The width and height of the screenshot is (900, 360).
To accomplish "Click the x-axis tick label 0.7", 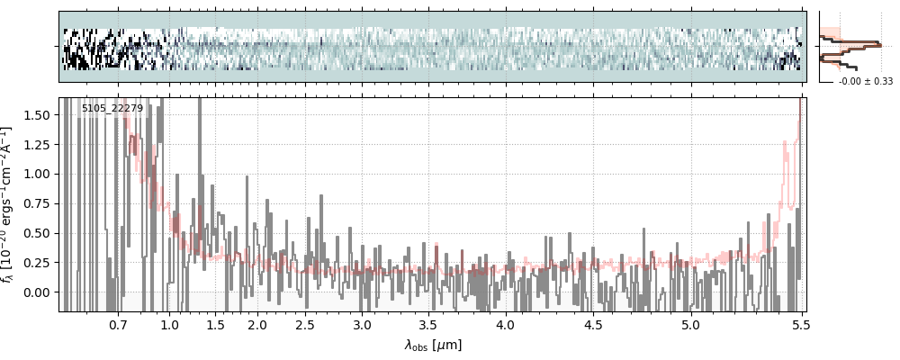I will pos(118,324).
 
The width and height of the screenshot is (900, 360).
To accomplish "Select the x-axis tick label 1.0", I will pos(169,324).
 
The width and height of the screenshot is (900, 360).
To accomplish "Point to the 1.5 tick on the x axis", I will pos(215,324).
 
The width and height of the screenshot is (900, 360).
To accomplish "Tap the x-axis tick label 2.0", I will pos(257,324).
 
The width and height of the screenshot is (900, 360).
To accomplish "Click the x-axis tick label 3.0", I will pos(362,324).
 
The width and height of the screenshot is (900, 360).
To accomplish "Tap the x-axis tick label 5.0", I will pos(690,324).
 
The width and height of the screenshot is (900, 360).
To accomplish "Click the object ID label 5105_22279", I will pos(112,109).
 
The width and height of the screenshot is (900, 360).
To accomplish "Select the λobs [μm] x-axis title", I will pos(433,345).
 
